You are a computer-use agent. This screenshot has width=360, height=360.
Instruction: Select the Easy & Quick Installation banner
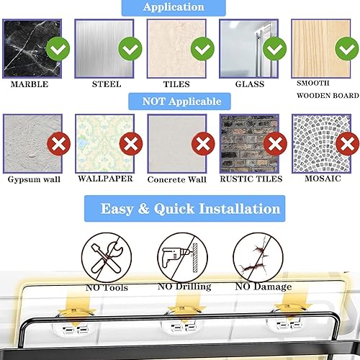click(x=190, y=210)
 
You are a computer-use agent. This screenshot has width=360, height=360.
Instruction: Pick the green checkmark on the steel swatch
click(x=130, y=50)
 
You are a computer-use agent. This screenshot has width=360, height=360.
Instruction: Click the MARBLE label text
click(x=30, y=84)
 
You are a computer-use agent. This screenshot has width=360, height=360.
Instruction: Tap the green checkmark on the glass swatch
click(x=273, y=50)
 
